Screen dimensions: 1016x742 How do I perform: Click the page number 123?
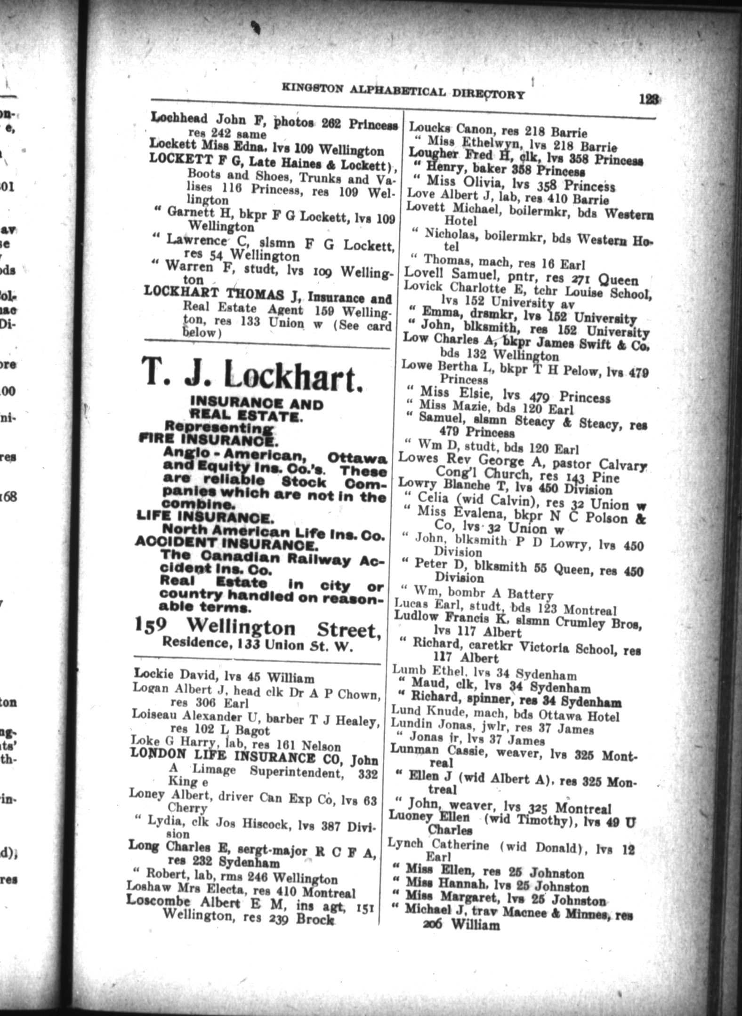(649, 99)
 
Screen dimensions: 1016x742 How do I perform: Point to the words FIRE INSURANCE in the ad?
(207, 439)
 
